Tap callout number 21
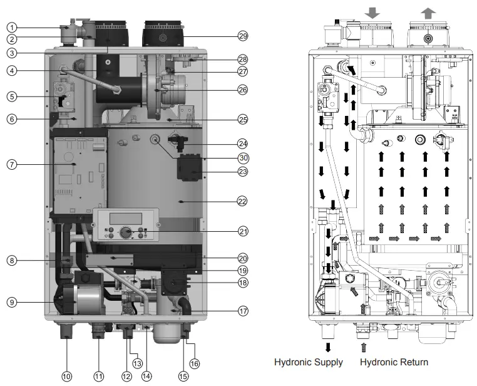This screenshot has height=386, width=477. pyautogui.click(x=243, y=231)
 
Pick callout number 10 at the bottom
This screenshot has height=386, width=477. pyautogui.click(x=66, y=376)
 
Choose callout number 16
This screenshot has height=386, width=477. pyautogui.click(x=194, y=363)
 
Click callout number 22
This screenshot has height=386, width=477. pyautogui.click(x=243, y=201)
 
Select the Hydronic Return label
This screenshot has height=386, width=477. pyautogui.click(x=394, y=362)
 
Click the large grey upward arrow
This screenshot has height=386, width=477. pyautogui.click(x=428, y=13)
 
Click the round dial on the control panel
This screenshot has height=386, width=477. pyautogui.click(x=126, y=233)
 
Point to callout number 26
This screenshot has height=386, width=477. pyautogui.click(x=243, y=89)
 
